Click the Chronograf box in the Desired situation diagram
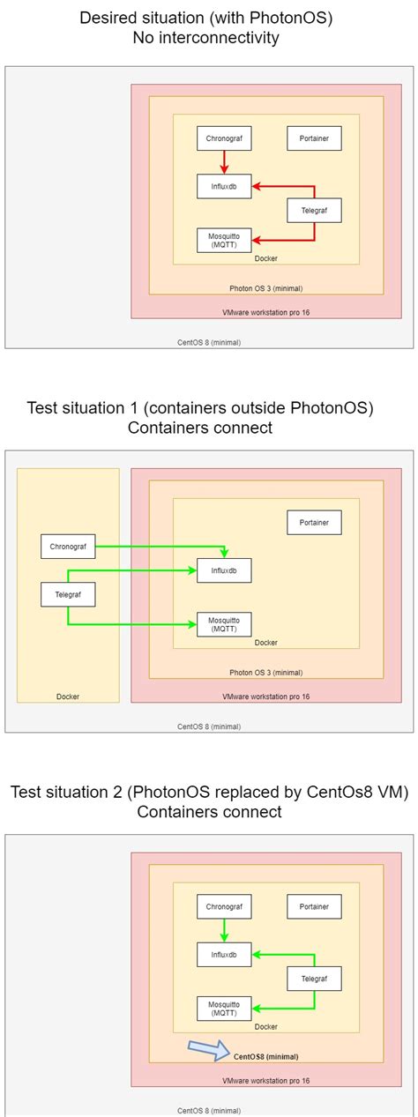[224, 138]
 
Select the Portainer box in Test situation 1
[314, 522]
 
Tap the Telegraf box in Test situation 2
[314, 978]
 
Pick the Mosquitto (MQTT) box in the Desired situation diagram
[224, 239]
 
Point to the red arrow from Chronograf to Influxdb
[224, 161]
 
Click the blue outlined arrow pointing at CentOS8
[209, 1048]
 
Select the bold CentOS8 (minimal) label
[265, 1056]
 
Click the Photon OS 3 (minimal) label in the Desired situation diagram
[265, 288]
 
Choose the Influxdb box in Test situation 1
[224, 570]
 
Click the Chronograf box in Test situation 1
[68, 546]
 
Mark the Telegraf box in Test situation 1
[68, 595]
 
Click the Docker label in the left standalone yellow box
[68, 696]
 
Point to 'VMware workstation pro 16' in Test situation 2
[265, 1080]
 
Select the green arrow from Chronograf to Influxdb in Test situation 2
[224, 929]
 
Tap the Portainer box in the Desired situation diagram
[314, 138]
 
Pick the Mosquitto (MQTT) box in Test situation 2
[224, 1008]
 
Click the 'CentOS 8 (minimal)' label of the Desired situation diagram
[209, 341]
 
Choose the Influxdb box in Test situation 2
[224, 954]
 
